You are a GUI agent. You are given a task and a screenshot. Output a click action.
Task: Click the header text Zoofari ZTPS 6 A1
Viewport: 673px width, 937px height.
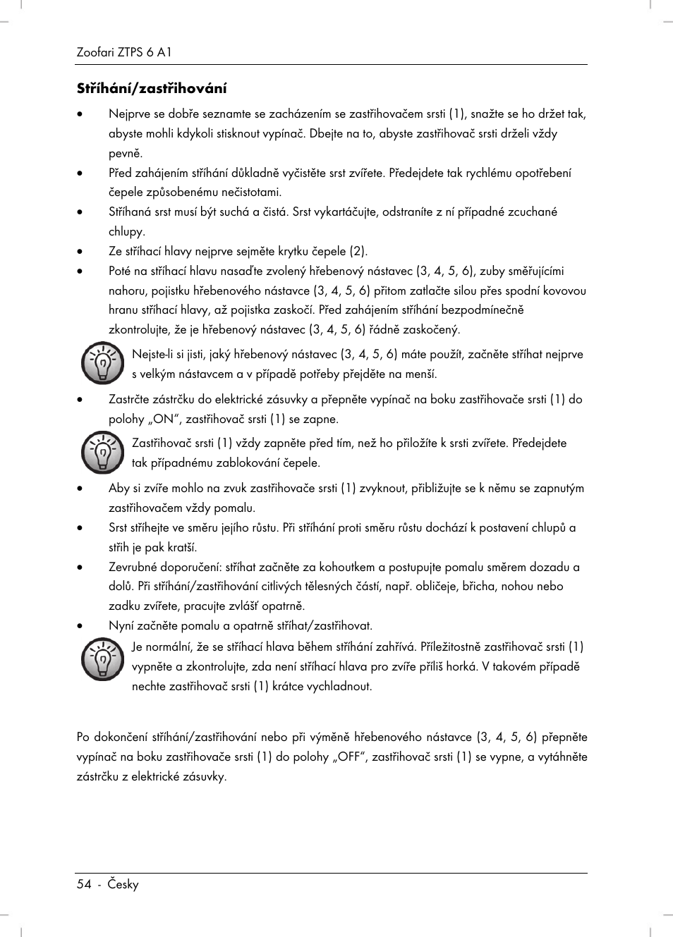pos(124,52)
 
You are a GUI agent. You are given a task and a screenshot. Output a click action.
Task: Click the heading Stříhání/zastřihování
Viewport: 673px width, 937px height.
pos(152,89)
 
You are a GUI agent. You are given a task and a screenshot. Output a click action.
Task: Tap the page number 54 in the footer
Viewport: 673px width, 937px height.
pos(84,884)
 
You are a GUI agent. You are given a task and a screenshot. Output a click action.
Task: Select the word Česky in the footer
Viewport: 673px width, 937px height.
pos(123,884)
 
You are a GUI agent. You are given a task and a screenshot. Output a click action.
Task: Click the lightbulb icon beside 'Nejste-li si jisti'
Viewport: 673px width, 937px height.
pos(102,364)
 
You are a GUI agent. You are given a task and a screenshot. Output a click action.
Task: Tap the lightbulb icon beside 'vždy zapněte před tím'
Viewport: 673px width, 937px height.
pos(102,453)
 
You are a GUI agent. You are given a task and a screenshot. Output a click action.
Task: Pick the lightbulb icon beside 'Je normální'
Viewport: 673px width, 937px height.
pos(102,659)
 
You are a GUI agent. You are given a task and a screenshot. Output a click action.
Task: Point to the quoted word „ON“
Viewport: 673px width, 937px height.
pos(162,419)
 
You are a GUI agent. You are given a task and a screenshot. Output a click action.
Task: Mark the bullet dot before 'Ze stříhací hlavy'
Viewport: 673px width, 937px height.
pos(81,251)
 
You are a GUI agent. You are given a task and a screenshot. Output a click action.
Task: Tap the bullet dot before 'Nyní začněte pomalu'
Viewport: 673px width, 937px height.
pos(81,625)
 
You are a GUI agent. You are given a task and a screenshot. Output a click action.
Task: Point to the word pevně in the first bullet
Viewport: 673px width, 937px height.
pos(126,153)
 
